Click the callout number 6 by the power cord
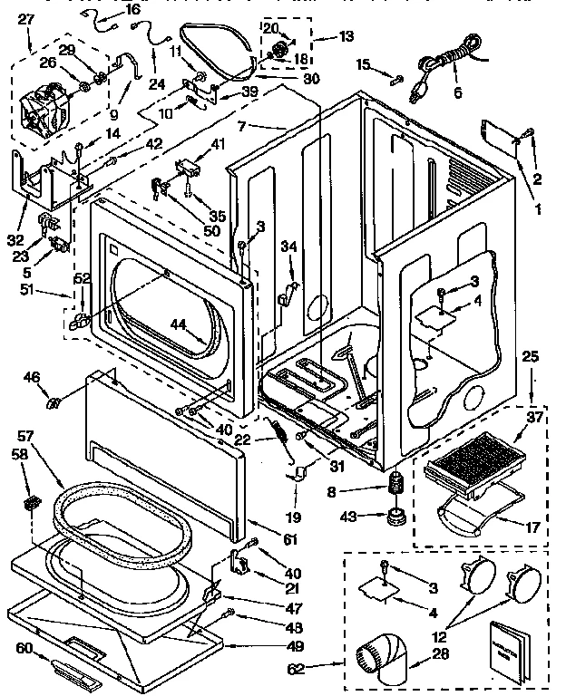coord(457,92)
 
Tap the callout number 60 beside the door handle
coord(25,648)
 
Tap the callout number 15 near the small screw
coord(364,63)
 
